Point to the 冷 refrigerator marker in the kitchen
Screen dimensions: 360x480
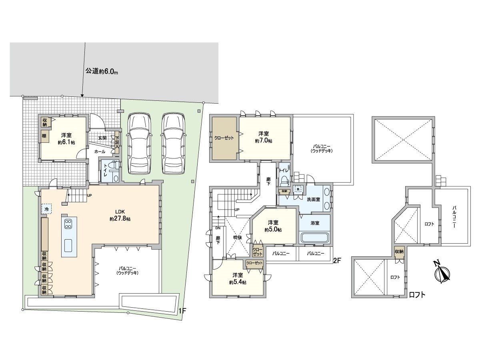coord(46,209)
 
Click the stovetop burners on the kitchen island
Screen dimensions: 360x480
coord(67,223)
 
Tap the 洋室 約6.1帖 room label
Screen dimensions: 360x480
coord(66,138)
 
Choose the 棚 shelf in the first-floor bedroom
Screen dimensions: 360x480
coord(44,136)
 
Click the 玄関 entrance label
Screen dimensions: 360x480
coord(102,138)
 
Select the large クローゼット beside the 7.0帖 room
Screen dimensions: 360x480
coord(224,138)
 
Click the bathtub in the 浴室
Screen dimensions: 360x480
coord(314,237)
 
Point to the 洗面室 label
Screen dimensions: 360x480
coord(313,199)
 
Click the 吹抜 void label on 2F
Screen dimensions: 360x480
coord(238,237)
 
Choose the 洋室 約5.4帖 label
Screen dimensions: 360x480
coord(238,278)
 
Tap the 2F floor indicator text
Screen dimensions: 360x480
coord(337,260)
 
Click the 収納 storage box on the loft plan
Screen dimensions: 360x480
coord(399,252)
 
